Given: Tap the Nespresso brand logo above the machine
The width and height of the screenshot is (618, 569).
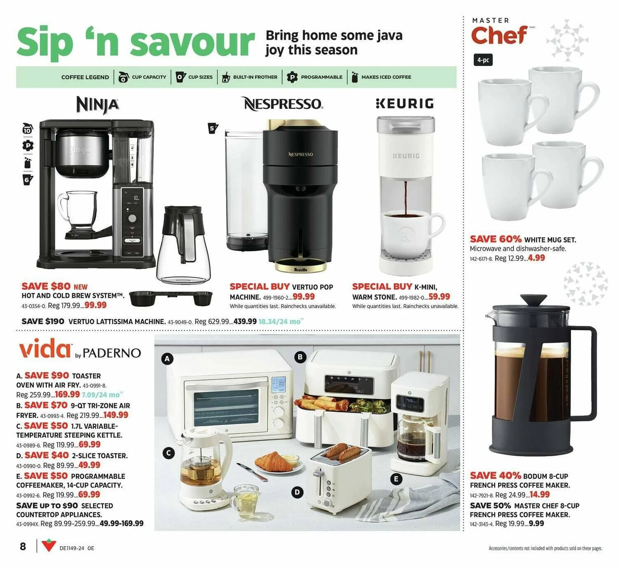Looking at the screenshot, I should point(283,104).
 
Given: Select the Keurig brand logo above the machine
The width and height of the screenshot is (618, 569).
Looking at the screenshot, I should point(405,104).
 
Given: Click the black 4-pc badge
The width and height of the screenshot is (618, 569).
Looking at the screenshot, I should point(483,60).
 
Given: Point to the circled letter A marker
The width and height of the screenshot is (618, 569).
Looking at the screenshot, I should point(167,359).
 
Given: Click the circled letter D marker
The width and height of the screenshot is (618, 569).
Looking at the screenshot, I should point(297,492).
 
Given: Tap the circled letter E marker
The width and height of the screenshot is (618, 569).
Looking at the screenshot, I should point(396,479).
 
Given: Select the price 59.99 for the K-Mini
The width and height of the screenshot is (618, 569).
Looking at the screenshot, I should point(439,297).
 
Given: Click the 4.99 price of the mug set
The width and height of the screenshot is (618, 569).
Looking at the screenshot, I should point(536,258).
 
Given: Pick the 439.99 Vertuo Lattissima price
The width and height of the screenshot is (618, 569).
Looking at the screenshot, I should point(245,321).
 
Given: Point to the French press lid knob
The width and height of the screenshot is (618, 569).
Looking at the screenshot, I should point(533,300).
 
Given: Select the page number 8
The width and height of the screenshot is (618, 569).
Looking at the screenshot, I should point(23,546).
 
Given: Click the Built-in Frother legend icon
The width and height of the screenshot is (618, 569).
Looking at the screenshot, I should point(226,77).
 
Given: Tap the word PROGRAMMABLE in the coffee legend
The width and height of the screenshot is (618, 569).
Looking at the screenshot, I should point(321,77).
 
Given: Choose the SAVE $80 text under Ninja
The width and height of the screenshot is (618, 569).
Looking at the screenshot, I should point(46,286).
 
